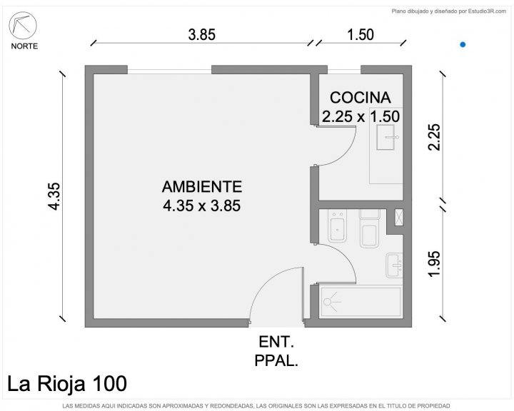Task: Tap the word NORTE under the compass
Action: click(24, 46)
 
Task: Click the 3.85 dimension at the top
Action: click(202, 35)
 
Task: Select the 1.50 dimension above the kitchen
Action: click(361, 35)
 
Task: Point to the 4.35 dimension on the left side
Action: click(54, 196)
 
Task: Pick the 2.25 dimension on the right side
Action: click(434, 137)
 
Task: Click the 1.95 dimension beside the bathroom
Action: click(434, 264)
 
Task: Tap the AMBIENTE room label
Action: click(202, 186)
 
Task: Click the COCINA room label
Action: click(361, 98)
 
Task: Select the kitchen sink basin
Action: click(385, 137)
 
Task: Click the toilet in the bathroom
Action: click(370, 229)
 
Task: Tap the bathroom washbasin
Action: click(394, 265)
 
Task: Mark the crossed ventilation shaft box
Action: click(399, 218)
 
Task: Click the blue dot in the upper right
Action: click(463, 44)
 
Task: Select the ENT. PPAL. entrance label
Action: click(276, 352)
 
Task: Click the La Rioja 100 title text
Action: click(67, 383)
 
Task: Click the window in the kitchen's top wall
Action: click(344, 70)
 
